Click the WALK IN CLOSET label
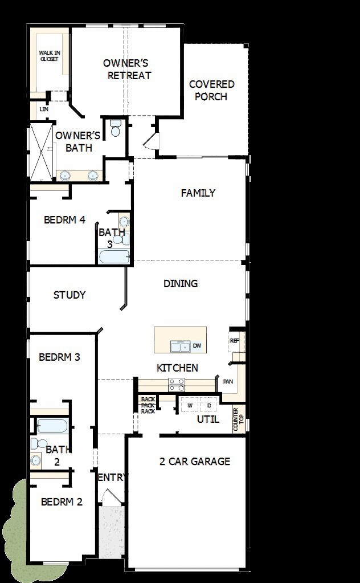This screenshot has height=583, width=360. pos(49,55)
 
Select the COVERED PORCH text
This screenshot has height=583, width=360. pos(211,91)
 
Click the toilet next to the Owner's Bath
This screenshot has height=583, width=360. pos(116,128)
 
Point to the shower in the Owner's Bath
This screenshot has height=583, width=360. pos(40,151)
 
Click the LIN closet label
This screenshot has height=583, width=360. pos(43,109)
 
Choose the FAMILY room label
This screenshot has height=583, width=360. pos(198,193)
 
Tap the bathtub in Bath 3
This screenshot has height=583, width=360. pos(114,256)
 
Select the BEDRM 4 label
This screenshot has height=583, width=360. pos(64,220)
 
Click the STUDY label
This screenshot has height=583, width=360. pos(69,295)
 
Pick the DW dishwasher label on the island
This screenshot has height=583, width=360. pos(197,346)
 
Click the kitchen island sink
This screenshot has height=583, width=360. pos(181,346)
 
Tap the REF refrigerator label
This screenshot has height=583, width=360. pos(234,341)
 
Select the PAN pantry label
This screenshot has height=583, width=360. pos(228,381)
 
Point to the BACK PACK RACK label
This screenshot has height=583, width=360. pos(148,405)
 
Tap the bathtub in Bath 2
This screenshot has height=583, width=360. pos(52,426)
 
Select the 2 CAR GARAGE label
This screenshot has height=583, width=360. pos(195,461)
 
